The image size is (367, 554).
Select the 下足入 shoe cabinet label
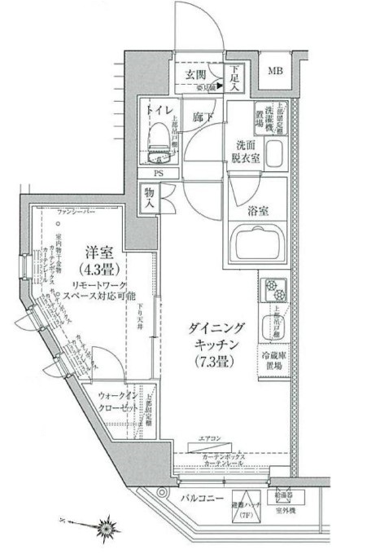point(235,79)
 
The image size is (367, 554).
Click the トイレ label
point(158,109)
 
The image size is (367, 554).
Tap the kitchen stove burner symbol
point(271,289)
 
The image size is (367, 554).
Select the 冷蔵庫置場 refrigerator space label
point(273,361)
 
